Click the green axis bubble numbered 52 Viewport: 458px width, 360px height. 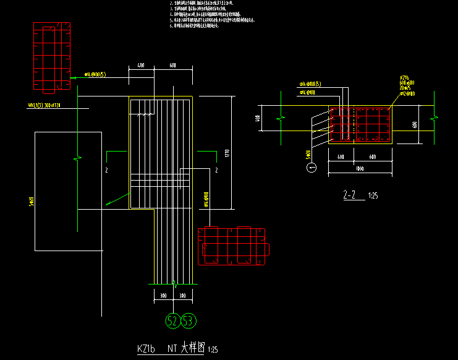172,320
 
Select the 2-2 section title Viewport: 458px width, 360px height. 349,195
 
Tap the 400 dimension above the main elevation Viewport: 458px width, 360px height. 140,65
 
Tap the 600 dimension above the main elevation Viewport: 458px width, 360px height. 172,65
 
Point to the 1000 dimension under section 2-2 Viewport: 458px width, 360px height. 359,168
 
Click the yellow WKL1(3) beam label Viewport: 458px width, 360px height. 49,106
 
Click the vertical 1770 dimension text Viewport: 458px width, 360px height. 227,153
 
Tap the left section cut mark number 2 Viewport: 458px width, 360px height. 106,169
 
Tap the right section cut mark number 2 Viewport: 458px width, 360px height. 216,169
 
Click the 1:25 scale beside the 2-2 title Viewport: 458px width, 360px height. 373,197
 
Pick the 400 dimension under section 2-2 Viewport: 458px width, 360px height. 341,157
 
